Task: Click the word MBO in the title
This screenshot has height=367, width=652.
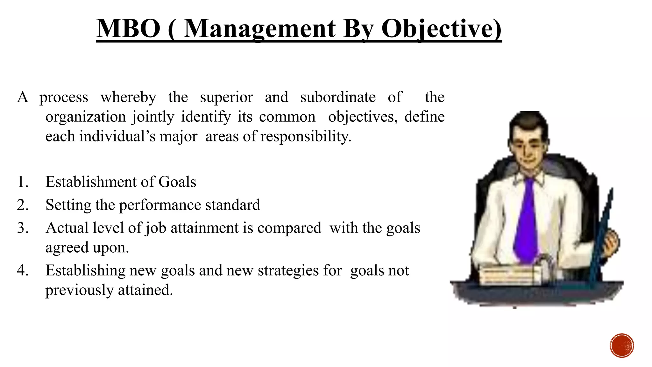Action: pos(129,29)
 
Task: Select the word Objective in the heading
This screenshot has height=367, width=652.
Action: pos(441,29)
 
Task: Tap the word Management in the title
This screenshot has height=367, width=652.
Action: pos(259,29)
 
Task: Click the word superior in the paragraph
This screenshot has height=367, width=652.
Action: pos(226,97)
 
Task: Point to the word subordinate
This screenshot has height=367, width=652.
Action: pos(338,97)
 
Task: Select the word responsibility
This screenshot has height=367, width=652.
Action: pos(306,137)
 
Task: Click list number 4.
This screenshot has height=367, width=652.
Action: pos(23,270)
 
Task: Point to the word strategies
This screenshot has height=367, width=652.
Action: pos(288,270)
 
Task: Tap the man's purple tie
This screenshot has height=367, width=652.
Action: pos(527,220)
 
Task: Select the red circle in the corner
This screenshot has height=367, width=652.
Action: pos(622,346)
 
